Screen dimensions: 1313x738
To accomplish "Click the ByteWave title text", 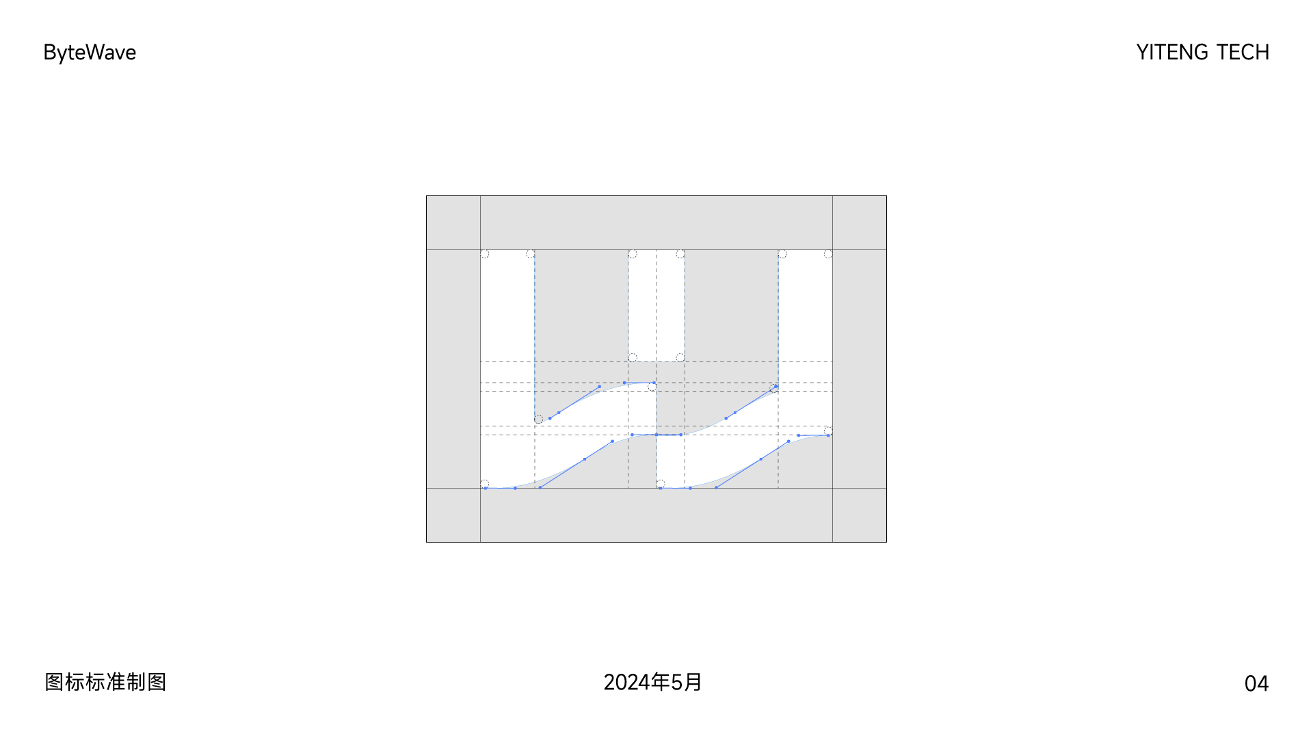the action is (90, 53).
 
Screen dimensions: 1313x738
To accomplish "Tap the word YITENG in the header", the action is (1172, 53).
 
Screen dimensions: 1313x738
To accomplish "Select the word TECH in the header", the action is (1243, 53).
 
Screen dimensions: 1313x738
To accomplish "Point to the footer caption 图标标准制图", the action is (106, 682).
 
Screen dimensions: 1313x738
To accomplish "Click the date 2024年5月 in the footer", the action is (652, 682).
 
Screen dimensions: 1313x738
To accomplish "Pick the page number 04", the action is (1256, 683).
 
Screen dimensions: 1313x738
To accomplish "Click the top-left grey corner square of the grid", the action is (453, 223).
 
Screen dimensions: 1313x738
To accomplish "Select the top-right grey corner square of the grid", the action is (860, 223).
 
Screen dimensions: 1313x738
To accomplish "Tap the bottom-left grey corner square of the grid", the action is (453, 515).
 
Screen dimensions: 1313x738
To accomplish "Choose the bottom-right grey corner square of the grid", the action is (860, 515).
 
